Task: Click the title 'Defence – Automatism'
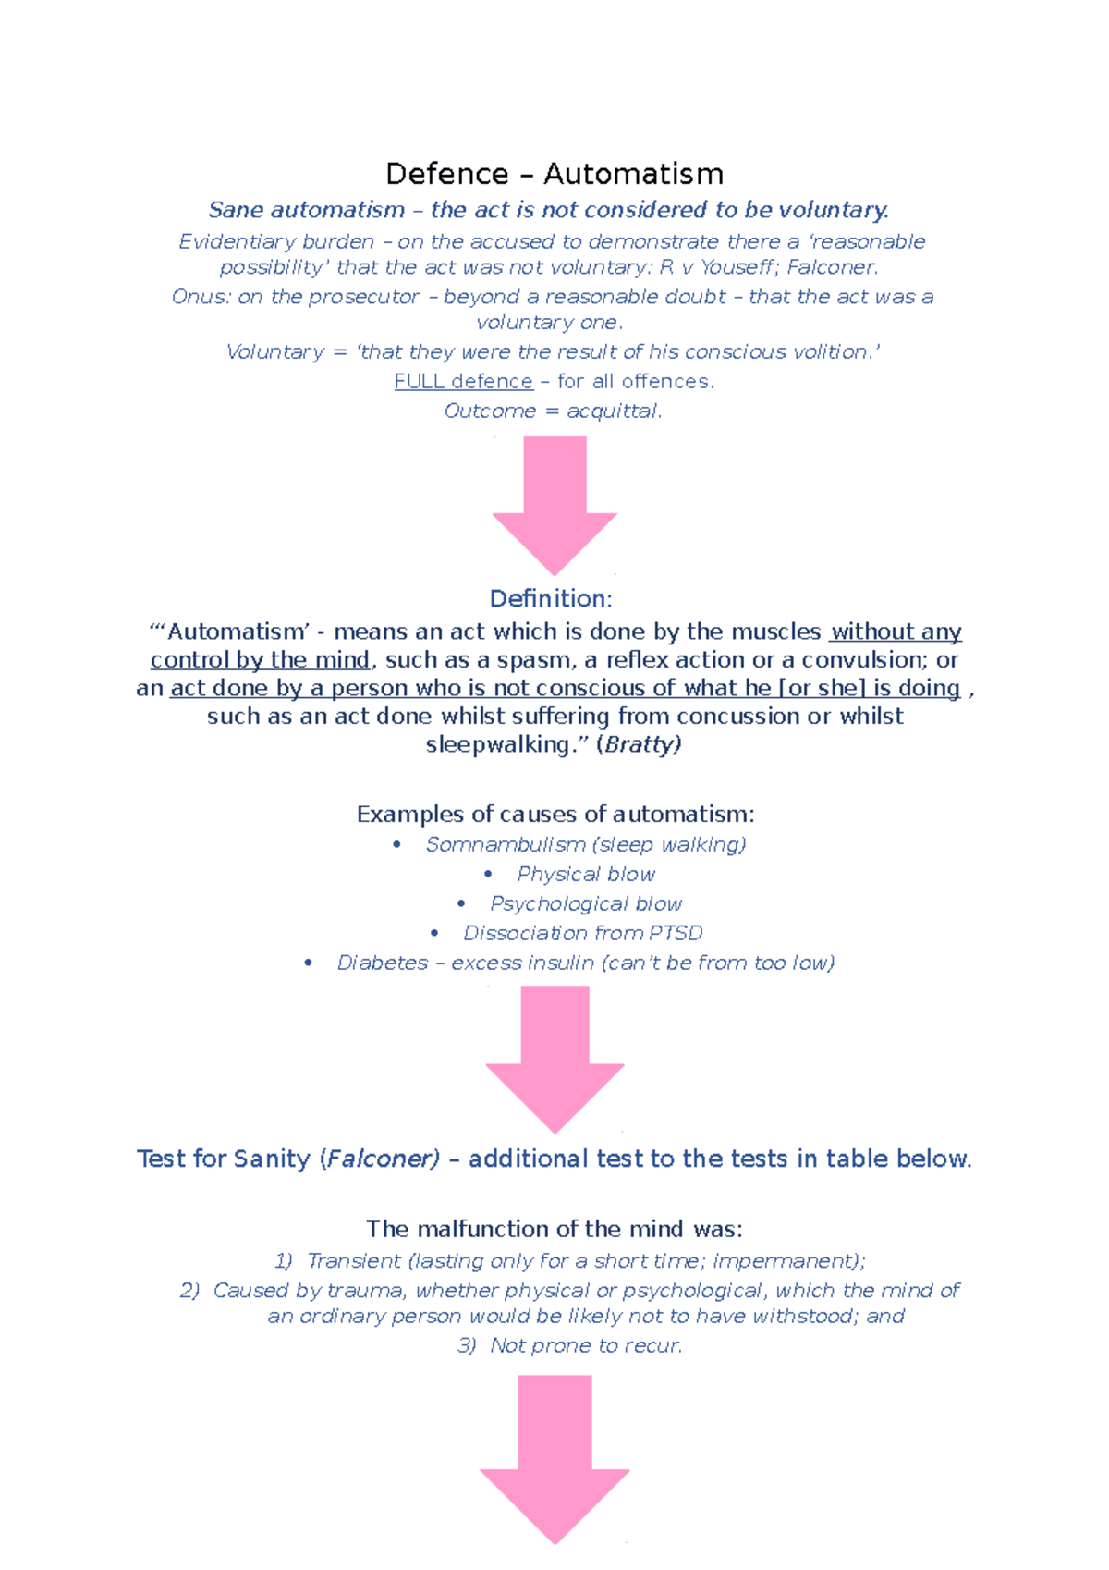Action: (x=554, y=174)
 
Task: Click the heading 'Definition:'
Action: (x=551, y=599)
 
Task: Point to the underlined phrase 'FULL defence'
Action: (x=463, y=382)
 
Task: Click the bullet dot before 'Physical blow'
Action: (x=488, y=875)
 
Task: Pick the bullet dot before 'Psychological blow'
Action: (x=461, y=904)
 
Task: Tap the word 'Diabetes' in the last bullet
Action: (x=382, y=963)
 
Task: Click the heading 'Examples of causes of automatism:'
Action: (x=555, y=815)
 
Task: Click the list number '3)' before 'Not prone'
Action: (x=467, y=1346)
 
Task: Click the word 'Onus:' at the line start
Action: (x=201, y=298)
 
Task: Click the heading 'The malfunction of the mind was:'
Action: (x=554, y=1230)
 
